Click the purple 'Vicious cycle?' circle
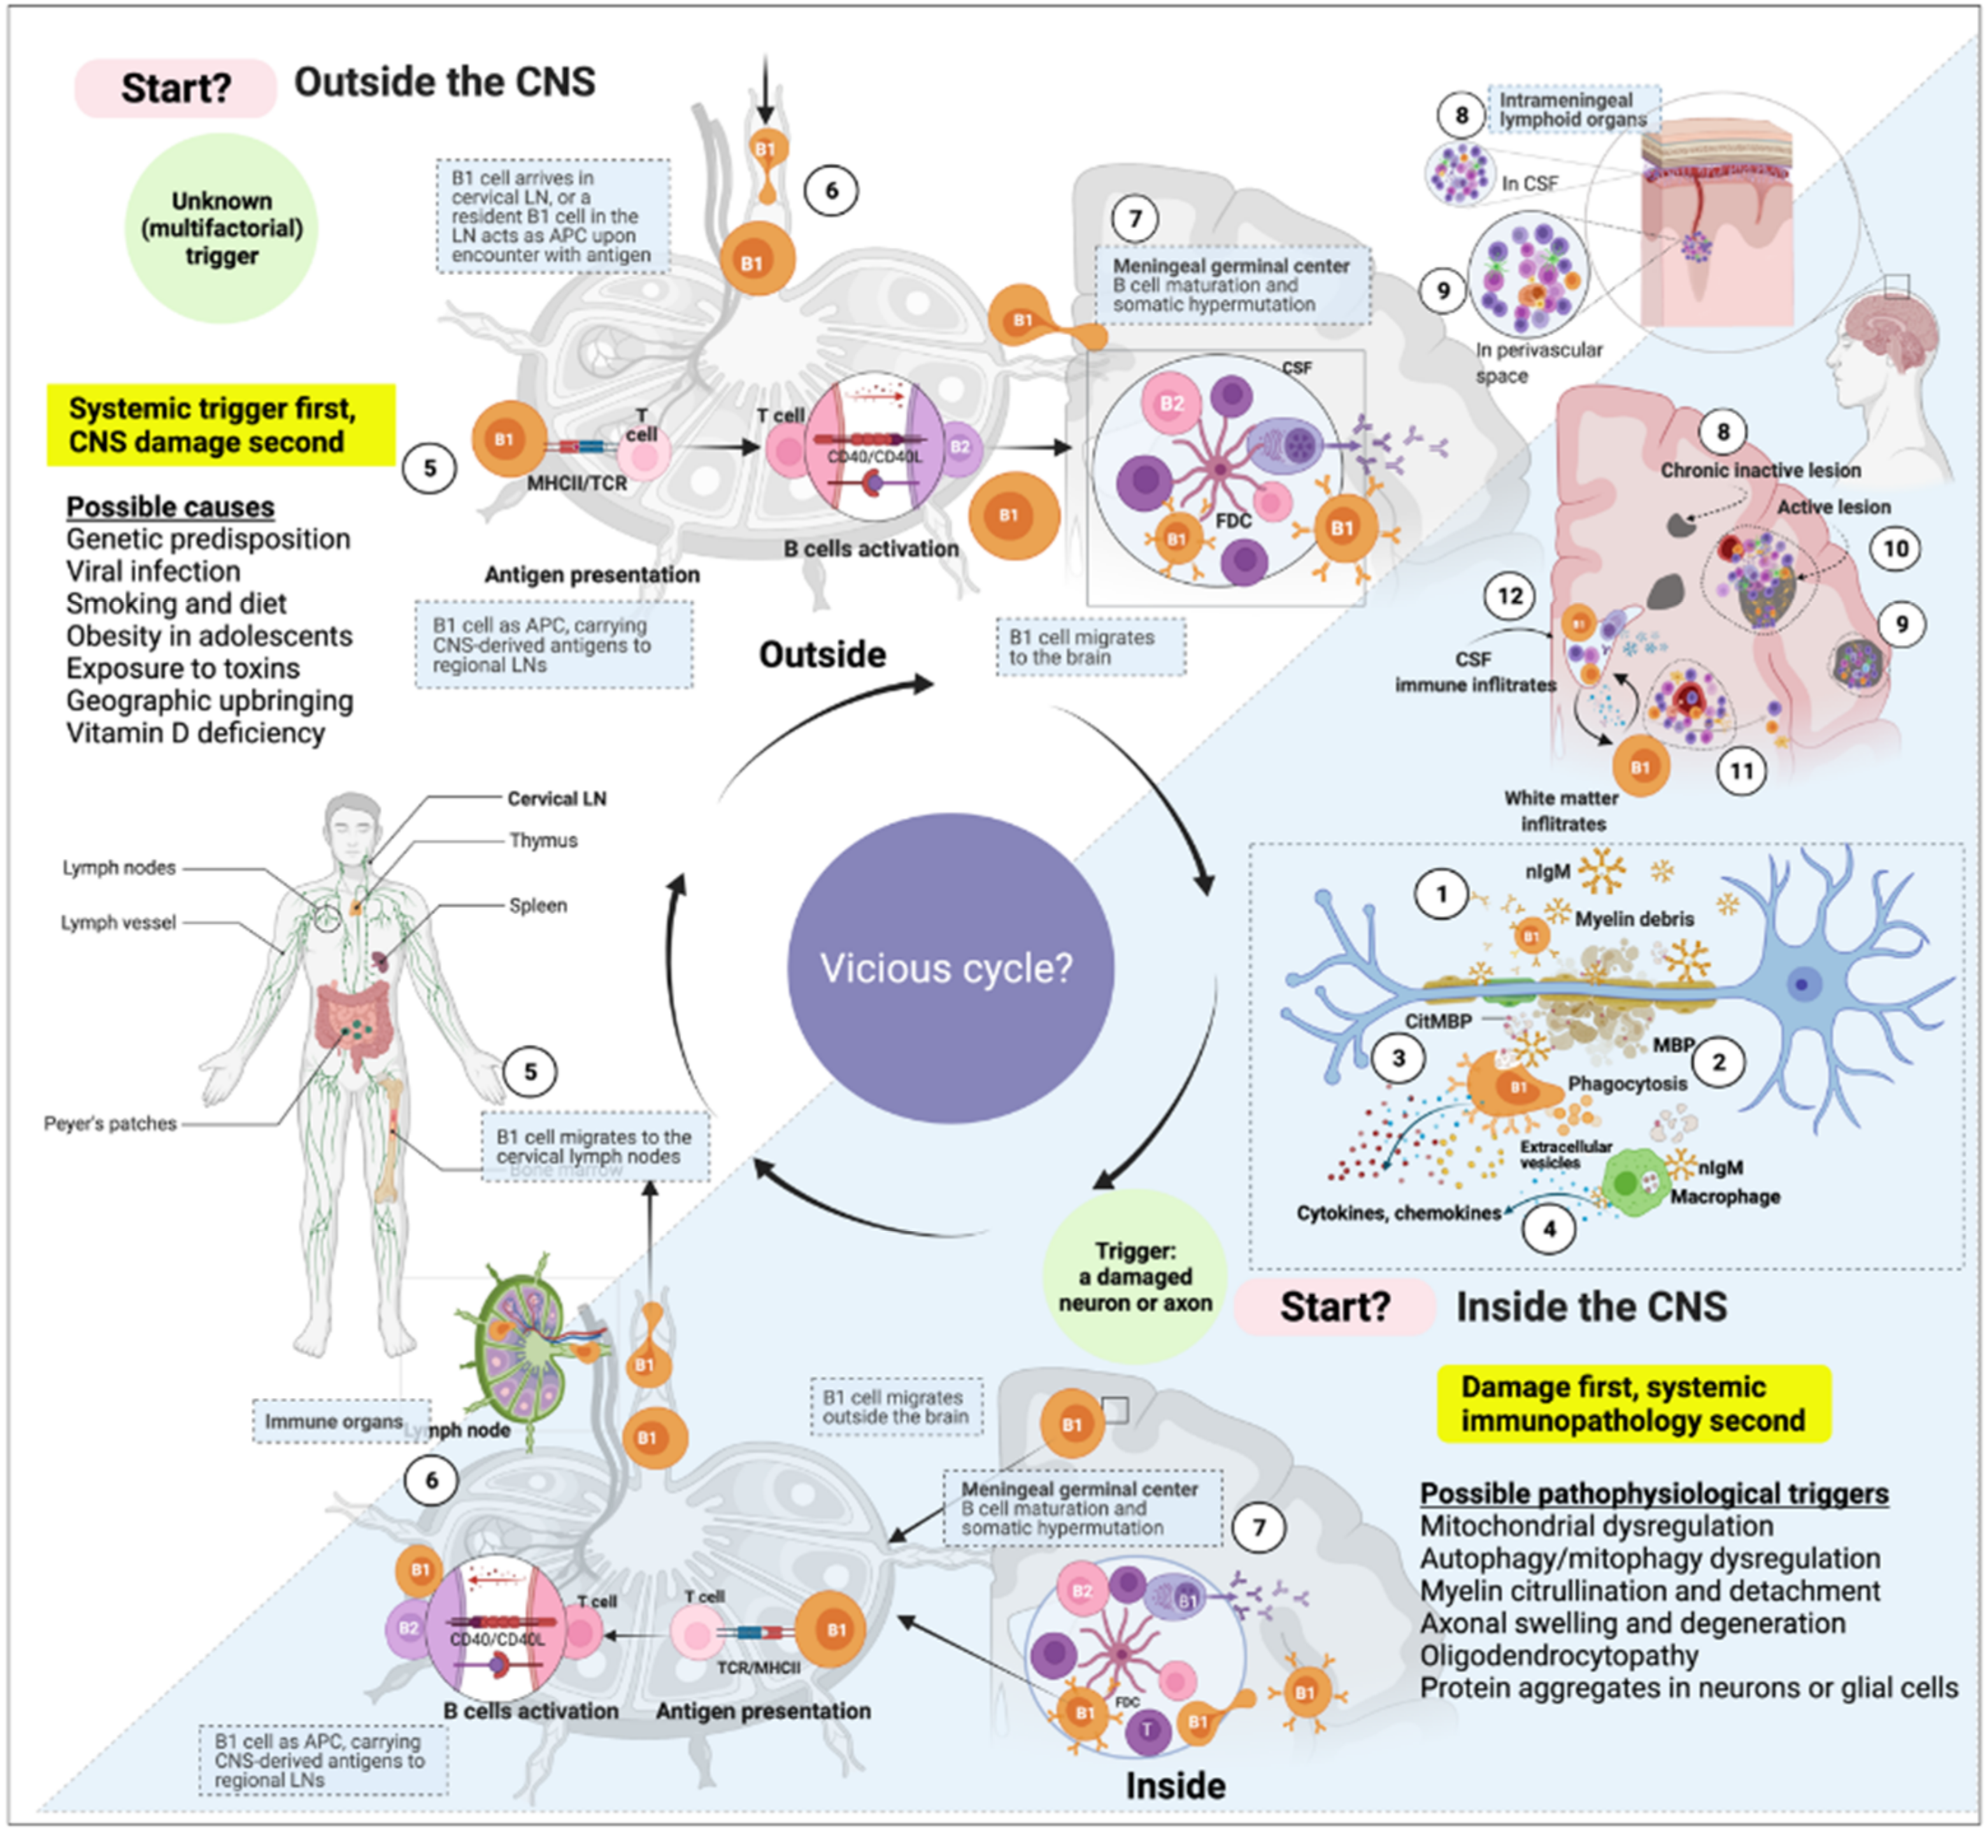pos(949,968)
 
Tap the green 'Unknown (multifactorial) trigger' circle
pos(221,229)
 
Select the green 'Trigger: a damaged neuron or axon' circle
pos(1134,1276)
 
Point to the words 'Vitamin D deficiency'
pos(195,733)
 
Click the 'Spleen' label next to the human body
pos(538,905)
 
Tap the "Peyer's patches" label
pos(110,1124)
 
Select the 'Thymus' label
pos(543,840)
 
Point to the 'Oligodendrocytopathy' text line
pos(1558,1656)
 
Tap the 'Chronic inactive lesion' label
pos(1760,471)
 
